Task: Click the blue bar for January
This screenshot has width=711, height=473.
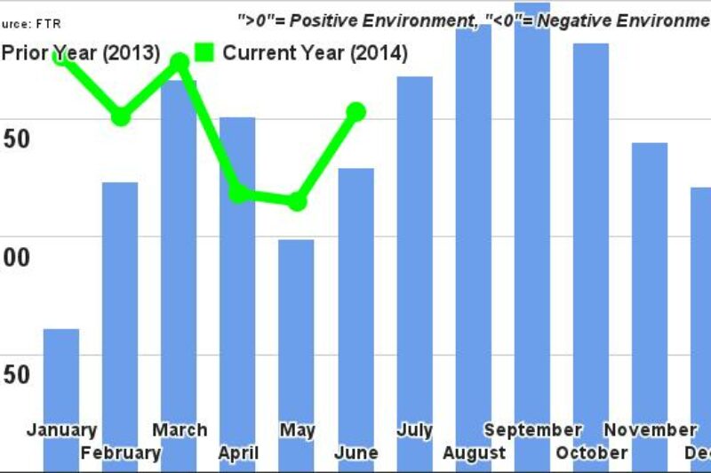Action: pyautogui.click(x=61, y=382)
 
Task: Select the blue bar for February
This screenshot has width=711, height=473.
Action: pyautogui.click(x=120, y=311)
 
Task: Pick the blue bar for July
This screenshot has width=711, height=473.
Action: pyautogui.click(x=414, y=249)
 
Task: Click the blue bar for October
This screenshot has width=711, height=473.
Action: pyautogui.click(x=590, y=240)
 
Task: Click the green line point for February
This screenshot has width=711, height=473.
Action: pyautogui.click(x=121, y=116)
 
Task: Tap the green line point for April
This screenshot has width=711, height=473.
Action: pyautogui.click(x=238, y=194)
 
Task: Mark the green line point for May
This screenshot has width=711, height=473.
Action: pyautogui.click(x=297, y=202)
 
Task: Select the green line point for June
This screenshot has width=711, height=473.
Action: pyautogui.click(x=355, y=111)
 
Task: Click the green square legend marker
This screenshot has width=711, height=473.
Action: pyautogui.click(x=204, y=52)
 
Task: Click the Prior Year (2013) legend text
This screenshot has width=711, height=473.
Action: pyautogui.click(x=80, y=53)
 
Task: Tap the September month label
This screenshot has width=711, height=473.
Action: pyautogui.click(x=532, y=430)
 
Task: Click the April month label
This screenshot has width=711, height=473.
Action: pyautogui.click(x=238, y=453)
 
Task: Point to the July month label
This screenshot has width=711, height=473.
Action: pyautogui.click(x=414, y=430)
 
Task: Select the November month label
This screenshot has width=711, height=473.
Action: pyautogui.click(x=650, y=430)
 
